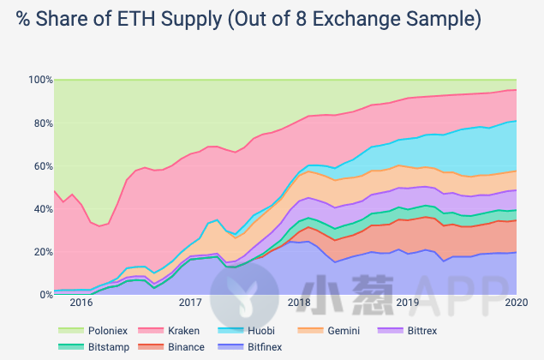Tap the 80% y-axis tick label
tap(41, 123)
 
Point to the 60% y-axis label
tap(41, 165)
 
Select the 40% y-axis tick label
tap(41, 208)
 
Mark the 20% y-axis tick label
tap(41, 251)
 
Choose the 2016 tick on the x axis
tap(81, 303)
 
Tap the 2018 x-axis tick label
tap(299, 303)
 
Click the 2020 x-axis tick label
tap(517, 303)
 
